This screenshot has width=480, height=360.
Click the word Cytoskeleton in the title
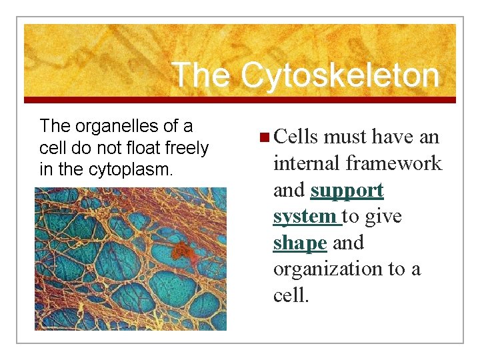point(340,75)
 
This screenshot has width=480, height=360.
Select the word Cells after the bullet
point(295,137)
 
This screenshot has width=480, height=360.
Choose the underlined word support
point(347,191)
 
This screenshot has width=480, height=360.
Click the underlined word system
point(305,217)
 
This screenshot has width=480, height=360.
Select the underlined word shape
point(299,243)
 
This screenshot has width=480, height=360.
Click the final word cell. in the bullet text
point(291,295)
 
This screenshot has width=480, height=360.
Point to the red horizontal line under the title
point(240,100)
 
